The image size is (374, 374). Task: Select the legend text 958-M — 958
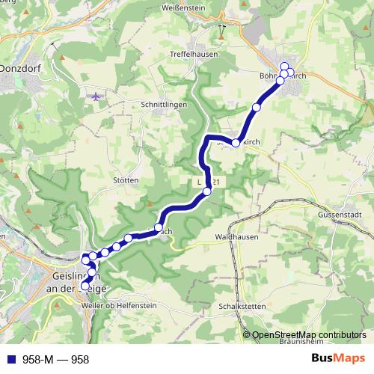point(56,359)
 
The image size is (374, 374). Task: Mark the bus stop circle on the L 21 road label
point(207,191)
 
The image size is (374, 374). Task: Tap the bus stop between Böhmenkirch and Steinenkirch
point(257,108)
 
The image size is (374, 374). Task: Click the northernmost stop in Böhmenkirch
point(283,66)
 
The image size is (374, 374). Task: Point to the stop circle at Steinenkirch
point(235,142)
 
